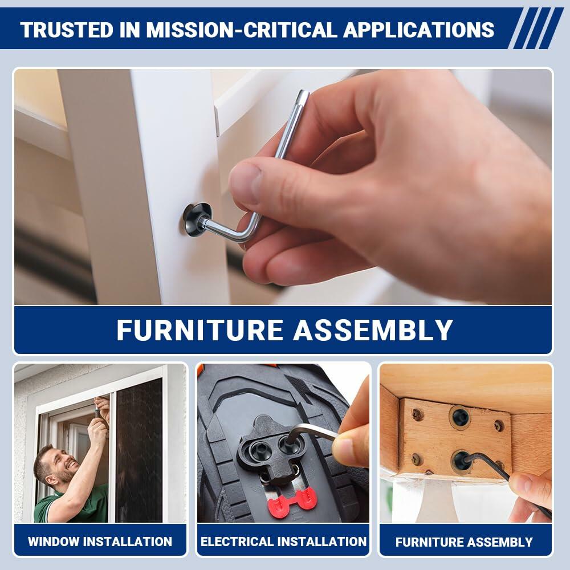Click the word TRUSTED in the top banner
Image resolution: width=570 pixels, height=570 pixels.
(x=67, y=30)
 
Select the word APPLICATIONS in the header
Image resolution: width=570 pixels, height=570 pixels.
(x=418, y=30)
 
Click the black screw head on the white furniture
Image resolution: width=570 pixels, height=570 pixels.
(x=196, y=219)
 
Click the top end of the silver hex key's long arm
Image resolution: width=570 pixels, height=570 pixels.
(x=303, y=94)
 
